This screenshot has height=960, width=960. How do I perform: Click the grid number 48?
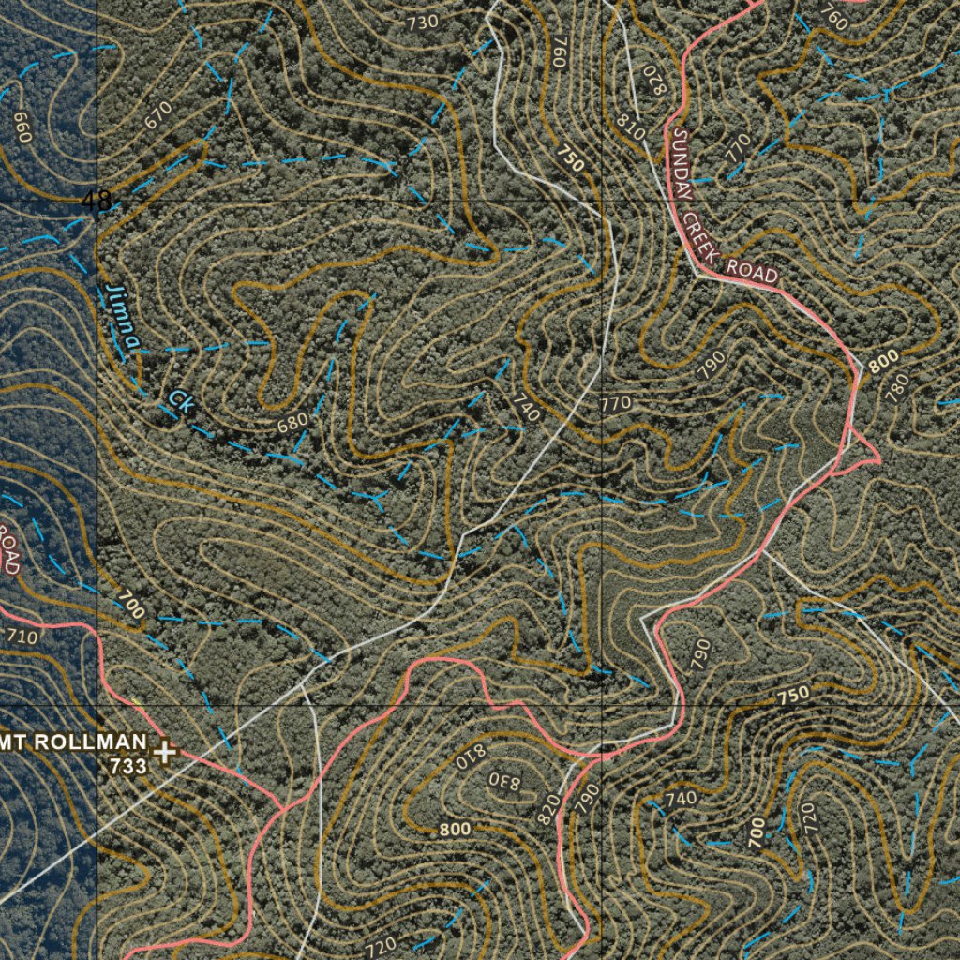pyautogui.click(x=96, y=200)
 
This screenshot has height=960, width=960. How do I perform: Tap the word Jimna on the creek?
pyautogui.click(x=123, y=318)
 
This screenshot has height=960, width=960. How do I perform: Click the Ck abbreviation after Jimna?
pyautogui.click(x=179, y=400)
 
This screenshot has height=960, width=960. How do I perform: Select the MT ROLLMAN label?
pyautogui.click(x=74, y=742)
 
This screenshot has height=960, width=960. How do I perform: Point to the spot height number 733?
pyautogui.click(x=128, y=766)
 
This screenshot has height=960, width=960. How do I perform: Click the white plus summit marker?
pyautogui.click(x=166, y=751)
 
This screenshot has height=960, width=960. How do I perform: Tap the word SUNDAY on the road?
pyautogui.click(x=681, y=164)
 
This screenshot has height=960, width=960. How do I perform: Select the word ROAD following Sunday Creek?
pyautogui.click(x=753, y=273)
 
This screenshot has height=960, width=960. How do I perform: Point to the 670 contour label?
pyautogui.click(x=158, y=114)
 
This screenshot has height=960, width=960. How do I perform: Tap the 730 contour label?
pyautogui.click(x=422, y=22)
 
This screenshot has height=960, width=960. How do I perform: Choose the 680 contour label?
pyautogui.click(x=292, y=423)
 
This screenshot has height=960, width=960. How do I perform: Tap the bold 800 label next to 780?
pyautogui.click(x=883, y=359)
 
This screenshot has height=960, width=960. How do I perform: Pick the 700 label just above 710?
pyautogui.click(x=131, y=606)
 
